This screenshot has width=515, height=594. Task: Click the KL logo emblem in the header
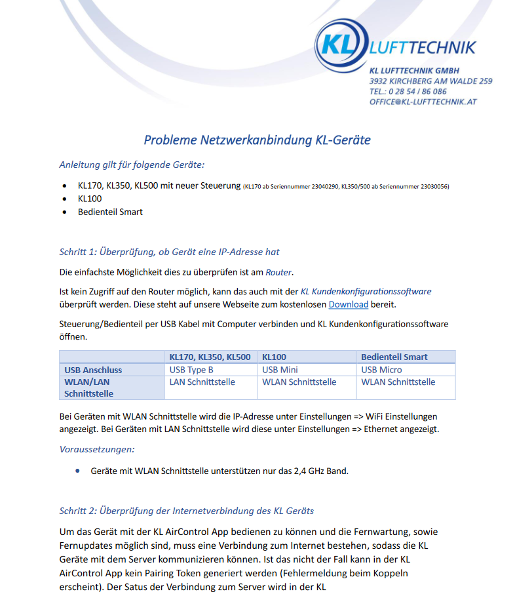(340, 46)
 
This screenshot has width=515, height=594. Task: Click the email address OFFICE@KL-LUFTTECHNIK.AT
(423, 102)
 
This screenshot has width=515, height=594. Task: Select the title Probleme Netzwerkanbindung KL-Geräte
(257, 140)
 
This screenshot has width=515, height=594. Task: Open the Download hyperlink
(348, 304)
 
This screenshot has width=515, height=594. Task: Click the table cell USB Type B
(191, 370)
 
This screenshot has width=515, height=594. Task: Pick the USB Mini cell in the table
(280, 370)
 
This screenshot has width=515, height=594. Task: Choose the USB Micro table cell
(381, 370)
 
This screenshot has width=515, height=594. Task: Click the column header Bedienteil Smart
(394, 357)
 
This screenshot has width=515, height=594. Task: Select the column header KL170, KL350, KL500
(210, 357)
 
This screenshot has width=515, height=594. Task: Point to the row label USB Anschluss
(93, 370)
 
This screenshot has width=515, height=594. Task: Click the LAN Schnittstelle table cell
(202, 382)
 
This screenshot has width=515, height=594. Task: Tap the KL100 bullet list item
(90, 198)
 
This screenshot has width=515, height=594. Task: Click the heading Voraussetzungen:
(96, 450)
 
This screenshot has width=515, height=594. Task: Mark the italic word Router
(279, 272)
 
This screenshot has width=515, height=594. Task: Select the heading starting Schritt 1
(169, 252)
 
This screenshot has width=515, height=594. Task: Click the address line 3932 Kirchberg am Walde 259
(430, 81)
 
